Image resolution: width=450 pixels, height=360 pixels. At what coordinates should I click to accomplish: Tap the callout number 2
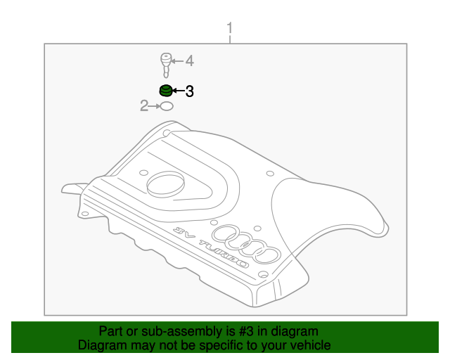click(x=143, y=106)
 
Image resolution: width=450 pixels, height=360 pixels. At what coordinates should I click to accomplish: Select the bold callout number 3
click(x=188, y=91)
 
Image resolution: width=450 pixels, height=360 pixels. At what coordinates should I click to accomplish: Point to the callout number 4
click(x=188, y=62)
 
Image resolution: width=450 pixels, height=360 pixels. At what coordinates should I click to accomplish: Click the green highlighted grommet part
click(x=165, y=91)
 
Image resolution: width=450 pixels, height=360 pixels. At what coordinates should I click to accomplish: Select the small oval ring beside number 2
click(x=166, y=106)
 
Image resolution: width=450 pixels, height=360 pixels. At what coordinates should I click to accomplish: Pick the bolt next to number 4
click(x=166, y=64)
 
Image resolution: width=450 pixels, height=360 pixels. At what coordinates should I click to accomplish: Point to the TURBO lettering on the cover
click(x=223, y=254)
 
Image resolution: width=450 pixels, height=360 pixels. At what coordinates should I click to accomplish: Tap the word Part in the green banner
click(x=111, y=331)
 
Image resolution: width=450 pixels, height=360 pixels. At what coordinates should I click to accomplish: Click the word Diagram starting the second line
click(x=101, y=345)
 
